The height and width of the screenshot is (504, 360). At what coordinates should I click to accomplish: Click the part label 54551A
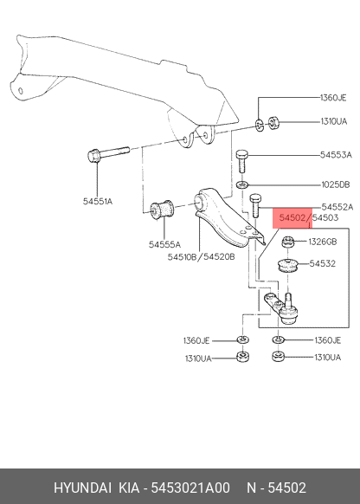click(x=98, y=202)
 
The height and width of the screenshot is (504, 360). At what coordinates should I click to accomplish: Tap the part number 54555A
click(x=164, y=244)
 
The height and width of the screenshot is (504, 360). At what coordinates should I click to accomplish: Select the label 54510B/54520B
click(x=201, y=257)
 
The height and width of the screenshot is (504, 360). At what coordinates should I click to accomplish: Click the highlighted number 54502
click(x=292, y=218)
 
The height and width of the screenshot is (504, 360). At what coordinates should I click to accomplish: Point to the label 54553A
click(x=336, y=155)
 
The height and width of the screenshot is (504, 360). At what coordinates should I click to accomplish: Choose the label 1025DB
click(x=336, y=184)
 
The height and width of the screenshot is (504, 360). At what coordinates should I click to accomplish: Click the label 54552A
click(x=337, y=207)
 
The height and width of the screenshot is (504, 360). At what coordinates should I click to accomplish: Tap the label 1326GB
click(x=323, y=242)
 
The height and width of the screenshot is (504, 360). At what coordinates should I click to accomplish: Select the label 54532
click(x=323, y=263)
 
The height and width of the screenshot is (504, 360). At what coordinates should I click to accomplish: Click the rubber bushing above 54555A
click(x=162, y=210)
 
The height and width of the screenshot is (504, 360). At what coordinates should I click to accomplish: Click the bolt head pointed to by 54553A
click(x=241, y=155)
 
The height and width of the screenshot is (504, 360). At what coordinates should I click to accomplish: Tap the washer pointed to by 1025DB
click(x=241, y=184)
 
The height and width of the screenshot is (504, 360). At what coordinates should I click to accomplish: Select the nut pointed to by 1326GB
click(x=288, y=242)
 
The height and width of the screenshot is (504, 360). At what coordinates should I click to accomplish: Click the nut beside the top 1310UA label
click(x=273, y=122)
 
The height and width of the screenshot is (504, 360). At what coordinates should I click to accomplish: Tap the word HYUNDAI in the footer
click(x=82, y=488)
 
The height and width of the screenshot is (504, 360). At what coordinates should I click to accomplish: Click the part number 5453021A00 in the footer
click(x=190, y=488)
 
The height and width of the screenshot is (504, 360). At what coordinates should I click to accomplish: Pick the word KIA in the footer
click(x=129, y=488)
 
